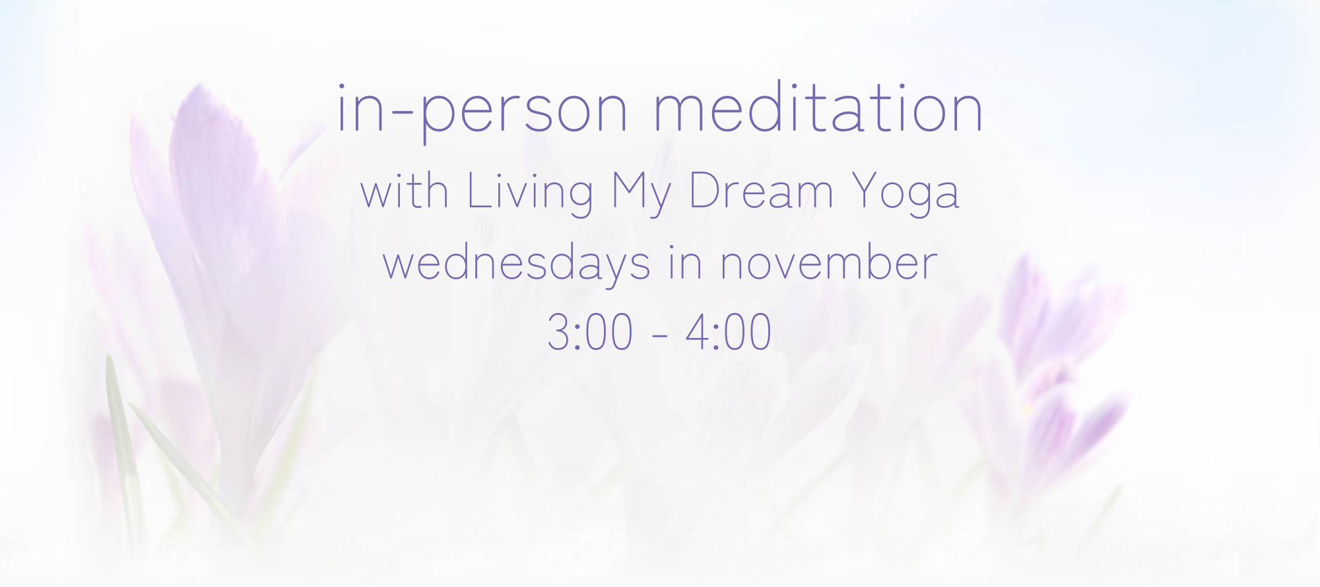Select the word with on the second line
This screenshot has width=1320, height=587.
[x=405, y=191]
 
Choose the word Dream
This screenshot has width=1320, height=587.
[x=761, y=191]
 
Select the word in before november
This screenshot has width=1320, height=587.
[x=685, y=263]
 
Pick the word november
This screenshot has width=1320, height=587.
[x=828, y=263]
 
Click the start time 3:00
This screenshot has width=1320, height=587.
[x=590, y=332]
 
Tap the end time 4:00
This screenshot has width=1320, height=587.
[x=729, y=332]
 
